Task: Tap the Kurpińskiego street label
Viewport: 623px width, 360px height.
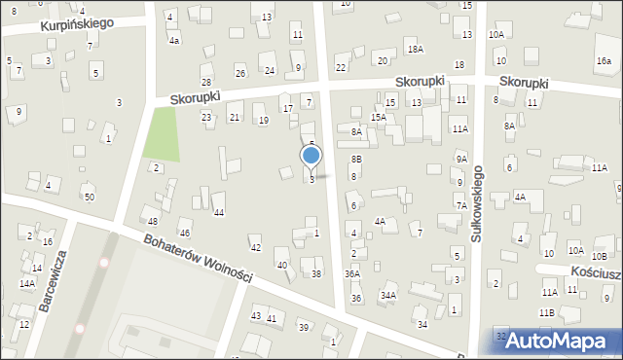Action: pyautogui.click(x=78, y=23)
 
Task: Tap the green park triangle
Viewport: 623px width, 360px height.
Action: pyautogui.click(x=162, y=135)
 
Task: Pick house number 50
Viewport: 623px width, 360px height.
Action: pyautogui.click(x=90, y=198)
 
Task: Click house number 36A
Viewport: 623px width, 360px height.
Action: pyautogui.click(x=352, y=274)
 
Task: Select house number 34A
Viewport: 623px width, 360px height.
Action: pyautogui.click(x=388, y=295)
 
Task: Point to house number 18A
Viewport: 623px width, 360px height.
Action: pyautogui.click(x=416, y=49)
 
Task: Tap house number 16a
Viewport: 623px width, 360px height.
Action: pyautogui.click(x=605, y=60)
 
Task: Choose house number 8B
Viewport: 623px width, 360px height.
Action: pyautogui.click(x=356, y=159)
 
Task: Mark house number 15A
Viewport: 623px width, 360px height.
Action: pyautogui.click(x=377, y=118)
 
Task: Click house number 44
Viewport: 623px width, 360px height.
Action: pyautogui.click(x=219, y=212)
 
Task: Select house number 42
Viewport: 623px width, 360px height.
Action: pyautogui.click(x=256, y=248)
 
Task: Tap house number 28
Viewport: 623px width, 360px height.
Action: pyautogui.click(x=206, y=82)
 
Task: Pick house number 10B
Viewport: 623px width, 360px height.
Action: pyautogui.click(x=599, y=256)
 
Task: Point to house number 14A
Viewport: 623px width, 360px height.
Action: pyautogui.click(x=27, y=284)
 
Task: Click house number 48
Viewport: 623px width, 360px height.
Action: pyautogui.click(x=153, y=222)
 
